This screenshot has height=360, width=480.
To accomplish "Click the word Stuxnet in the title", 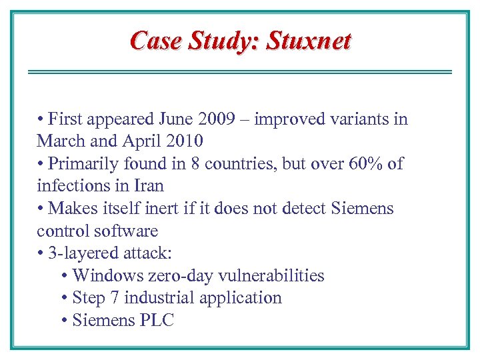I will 309,41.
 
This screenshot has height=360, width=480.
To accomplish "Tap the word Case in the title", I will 156,41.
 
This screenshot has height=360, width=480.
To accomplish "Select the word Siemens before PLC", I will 103,321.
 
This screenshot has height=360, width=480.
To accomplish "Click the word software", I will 125,231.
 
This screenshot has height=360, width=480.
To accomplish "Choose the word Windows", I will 105,276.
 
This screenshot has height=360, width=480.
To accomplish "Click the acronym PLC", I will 157,321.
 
